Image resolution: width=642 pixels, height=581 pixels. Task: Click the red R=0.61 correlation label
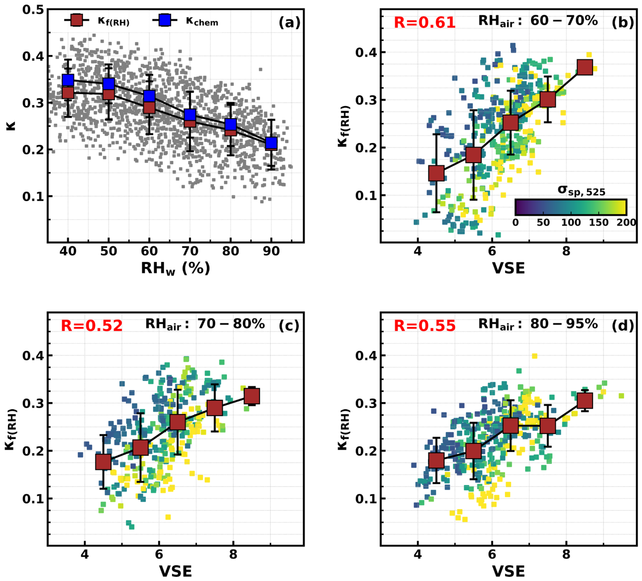tap(424, 23)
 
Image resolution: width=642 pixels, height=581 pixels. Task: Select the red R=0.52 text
tap(91, 326)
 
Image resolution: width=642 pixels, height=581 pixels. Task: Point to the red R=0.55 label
tap(424, 326)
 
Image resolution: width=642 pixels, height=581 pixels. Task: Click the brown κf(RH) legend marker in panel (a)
tap(77, 20)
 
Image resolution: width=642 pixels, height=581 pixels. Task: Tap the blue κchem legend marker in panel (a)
tap(165, 20)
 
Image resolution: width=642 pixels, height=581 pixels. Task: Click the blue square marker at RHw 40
tap(68, 80)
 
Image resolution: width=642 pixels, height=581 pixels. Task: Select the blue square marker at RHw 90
tap(271, 142)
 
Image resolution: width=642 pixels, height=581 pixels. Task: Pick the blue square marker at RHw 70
tap(190, 115)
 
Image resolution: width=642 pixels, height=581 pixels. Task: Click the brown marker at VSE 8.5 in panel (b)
tap(585, 67)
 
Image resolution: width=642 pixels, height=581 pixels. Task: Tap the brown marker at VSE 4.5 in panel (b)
tap(436, 173)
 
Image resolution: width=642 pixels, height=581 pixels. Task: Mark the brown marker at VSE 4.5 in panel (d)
tap(436, 460)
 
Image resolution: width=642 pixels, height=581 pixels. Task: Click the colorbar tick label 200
tap(626, 222)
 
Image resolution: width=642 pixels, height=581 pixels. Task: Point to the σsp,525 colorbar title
tap(582, 190)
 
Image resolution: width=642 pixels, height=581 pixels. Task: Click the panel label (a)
tap(289, 23)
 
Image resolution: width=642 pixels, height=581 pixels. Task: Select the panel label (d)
tap(623, 326)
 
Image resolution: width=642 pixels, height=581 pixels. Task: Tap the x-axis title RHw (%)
tap(175, 268)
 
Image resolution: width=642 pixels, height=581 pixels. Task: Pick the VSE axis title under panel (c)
tap(175, 571)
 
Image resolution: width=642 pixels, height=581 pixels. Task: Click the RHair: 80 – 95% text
tap(538, 324)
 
